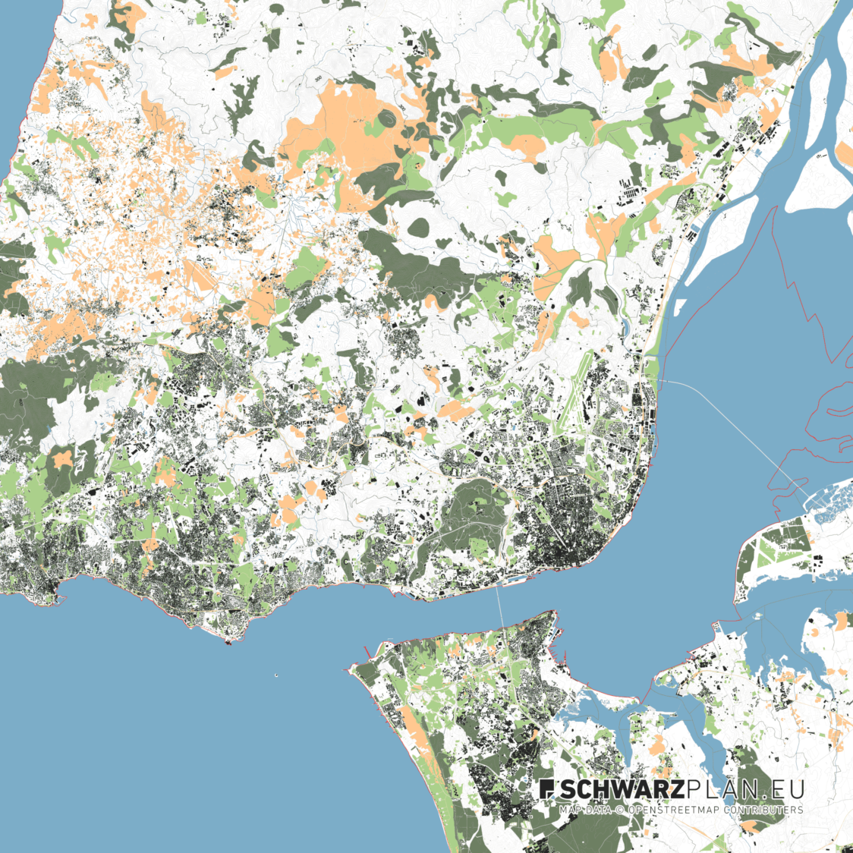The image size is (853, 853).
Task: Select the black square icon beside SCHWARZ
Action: click(x=547, y=789)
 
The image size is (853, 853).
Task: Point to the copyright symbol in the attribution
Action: click(x=619, y=810)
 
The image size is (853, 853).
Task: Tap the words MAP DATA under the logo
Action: click(x=585, y=810)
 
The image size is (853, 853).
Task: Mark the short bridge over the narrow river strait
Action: click(x=501, y=607)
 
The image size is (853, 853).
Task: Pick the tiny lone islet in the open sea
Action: click(x=276, y=675)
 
